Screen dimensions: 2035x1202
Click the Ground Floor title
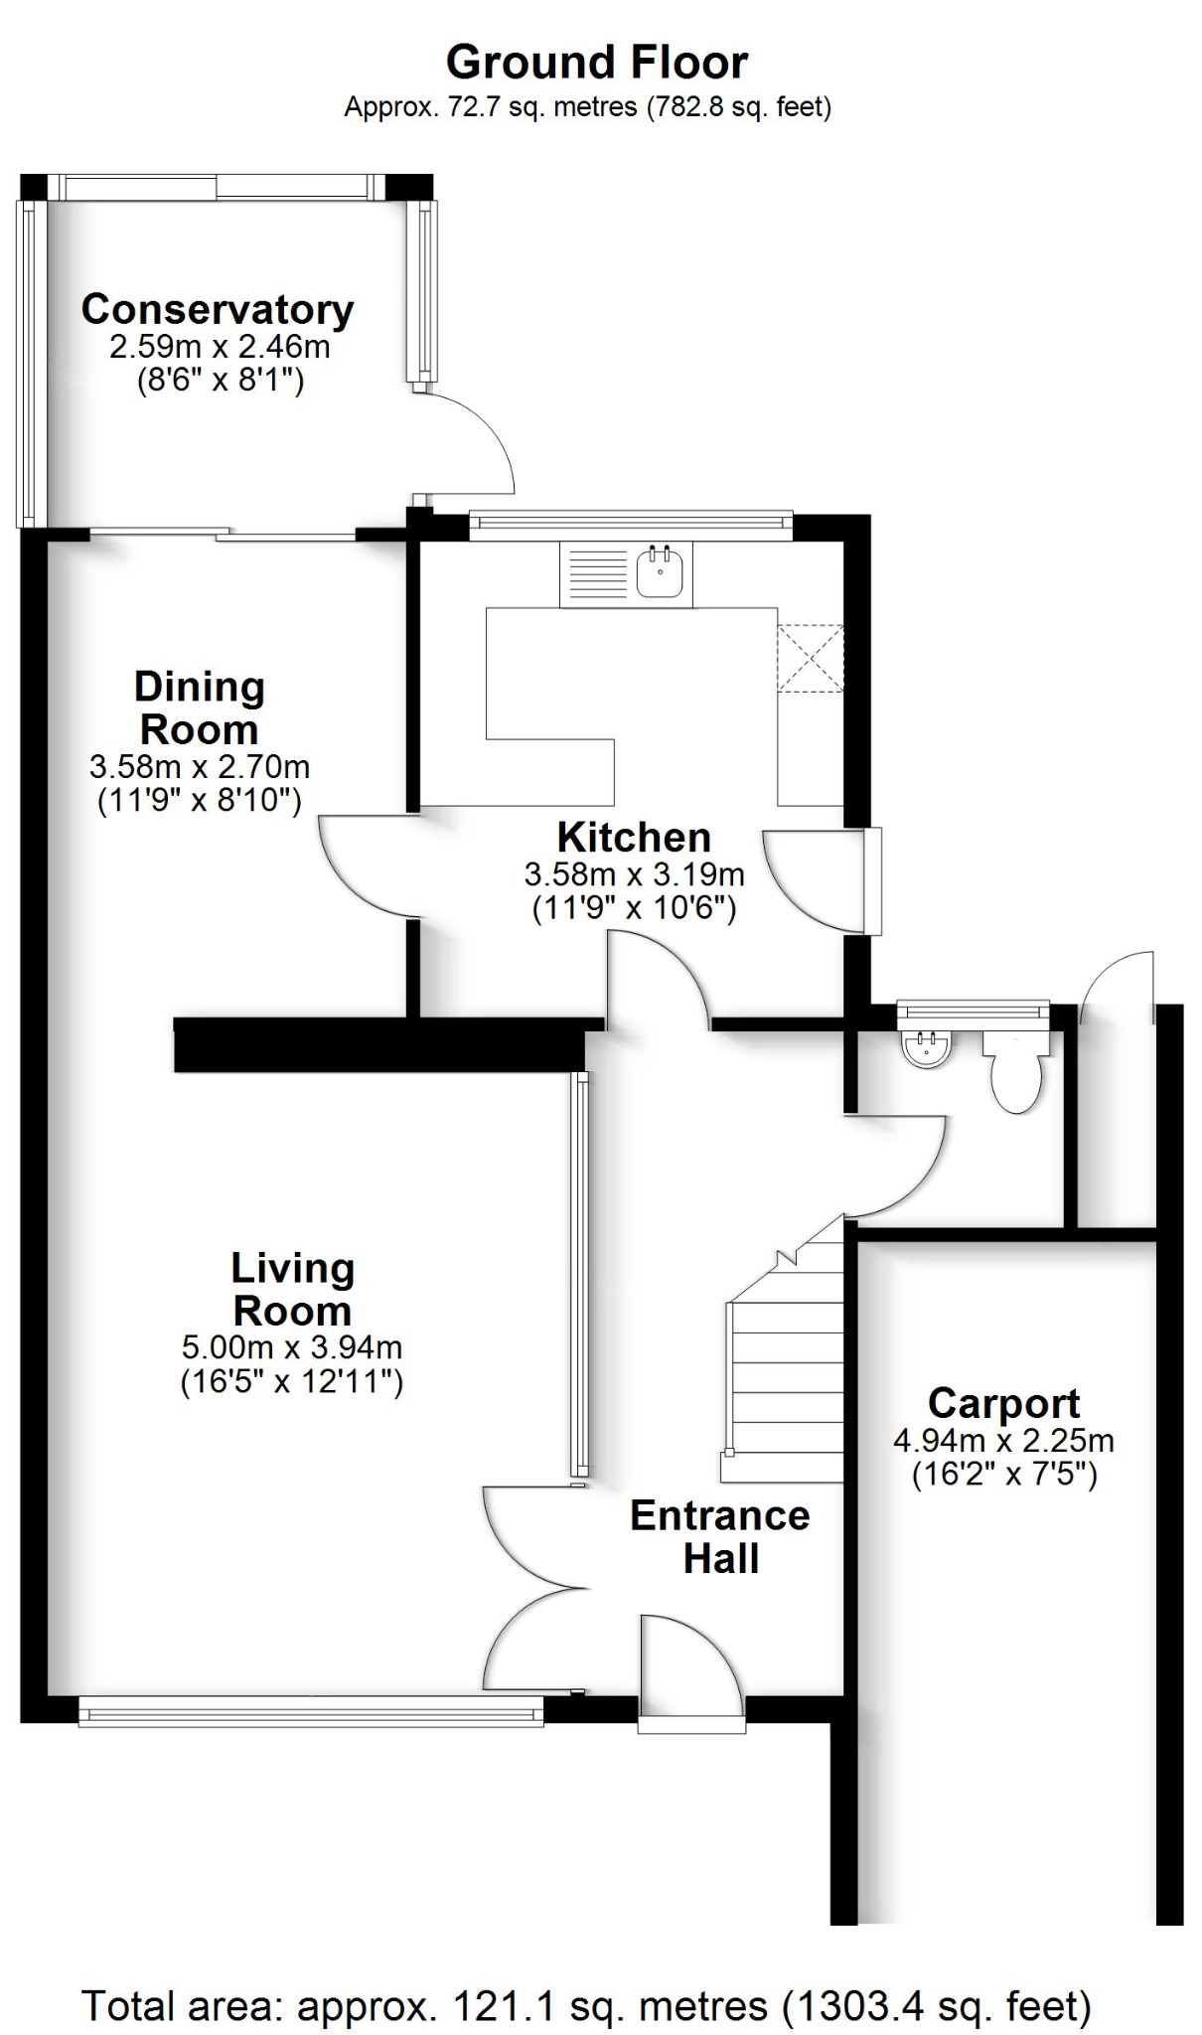pos(596,63)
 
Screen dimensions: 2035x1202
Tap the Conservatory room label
pos(217,309)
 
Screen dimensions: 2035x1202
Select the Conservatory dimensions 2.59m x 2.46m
pos(220,347)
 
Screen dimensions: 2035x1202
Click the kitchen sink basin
pos(660,573)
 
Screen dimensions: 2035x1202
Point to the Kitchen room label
pos(634,838)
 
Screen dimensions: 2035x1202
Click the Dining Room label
pos(199,707)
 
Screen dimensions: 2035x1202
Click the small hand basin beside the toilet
pos(927,1049)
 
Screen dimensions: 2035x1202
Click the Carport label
pos(1003,1403)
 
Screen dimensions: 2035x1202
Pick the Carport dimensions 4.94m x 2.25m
pos(1003,1440)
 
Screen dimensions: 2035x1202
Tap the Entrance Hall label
pos(720,1536)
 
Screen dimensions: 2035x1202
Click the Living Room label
pos(292,1289)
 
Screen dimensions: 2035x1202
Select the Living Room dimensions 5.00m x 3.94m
pos(292,1347)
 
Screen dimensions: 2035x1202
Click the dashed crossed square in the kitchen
pos(810,658)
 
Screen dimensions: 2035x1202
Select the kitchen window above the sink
pos(630,524)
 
